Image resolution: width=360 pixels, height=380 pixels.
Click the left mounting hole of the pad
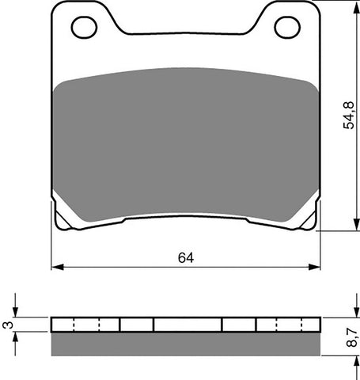click(x=84, y=28)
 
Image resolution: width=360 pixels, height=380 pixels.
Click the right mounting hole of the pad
click(x=287, y=28)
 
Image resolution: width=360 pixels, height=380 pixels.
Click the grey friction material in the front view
click(x=186, y=146)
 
